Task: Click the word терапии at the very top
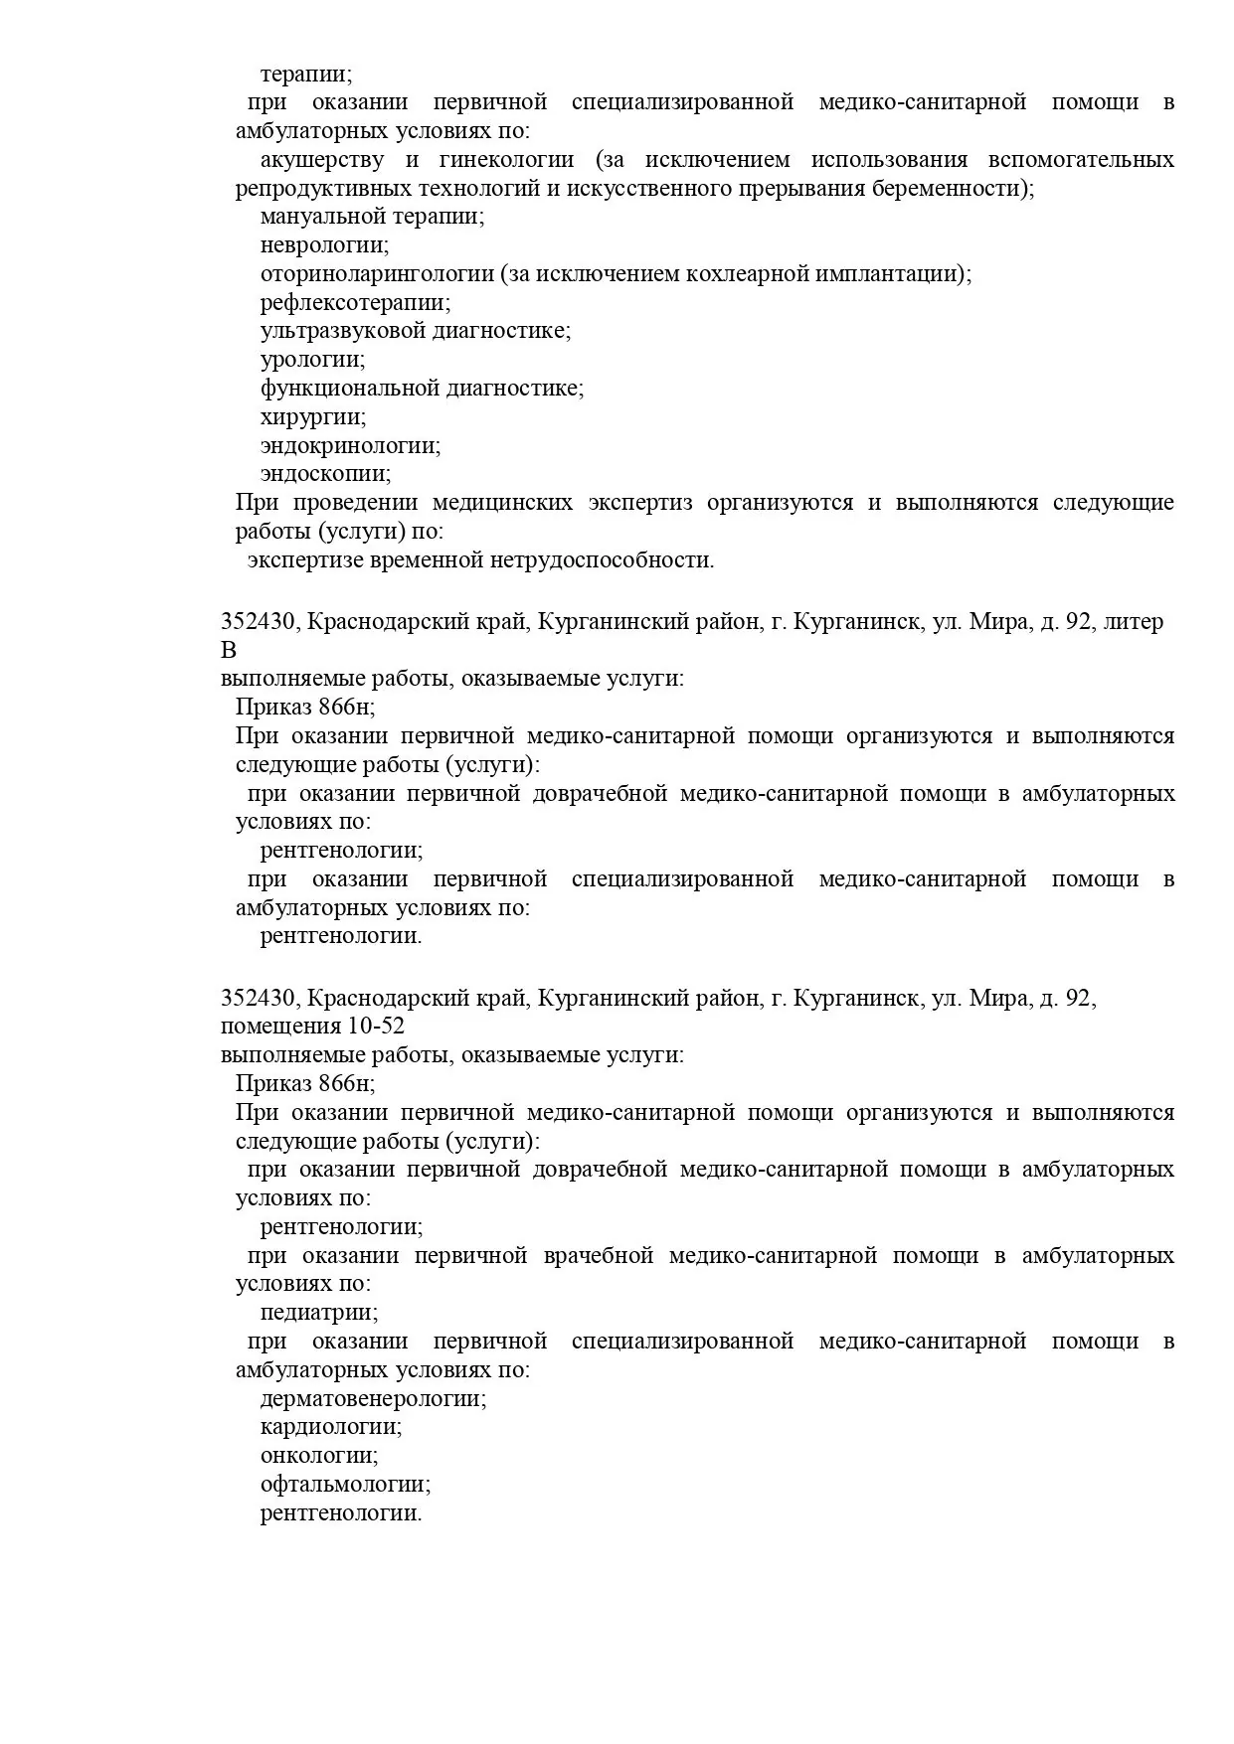[x=305, y=75]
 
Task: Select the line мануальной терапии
[x=372, y=217]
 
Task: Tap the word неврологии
[x=324, y=245]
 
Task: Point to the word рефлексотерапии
[x=354, y=303]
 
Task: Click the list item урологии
[x=312, y=360]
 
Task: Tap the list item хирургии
[x=313, y=417]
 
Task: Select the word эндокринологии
[x=350, y=446]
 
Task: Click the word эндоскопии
[x=325, y=475]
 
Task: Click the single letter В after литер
[x=229, y=651]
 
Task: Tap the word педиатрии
[x=319, y=1313]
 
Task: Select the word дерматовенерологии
[x=373, y=1399]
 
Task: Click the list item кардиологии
[x=330, y=1428]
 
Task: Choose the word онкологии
[x=318, y=1457]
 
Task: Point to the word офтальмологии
[x=345, y=1486]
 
